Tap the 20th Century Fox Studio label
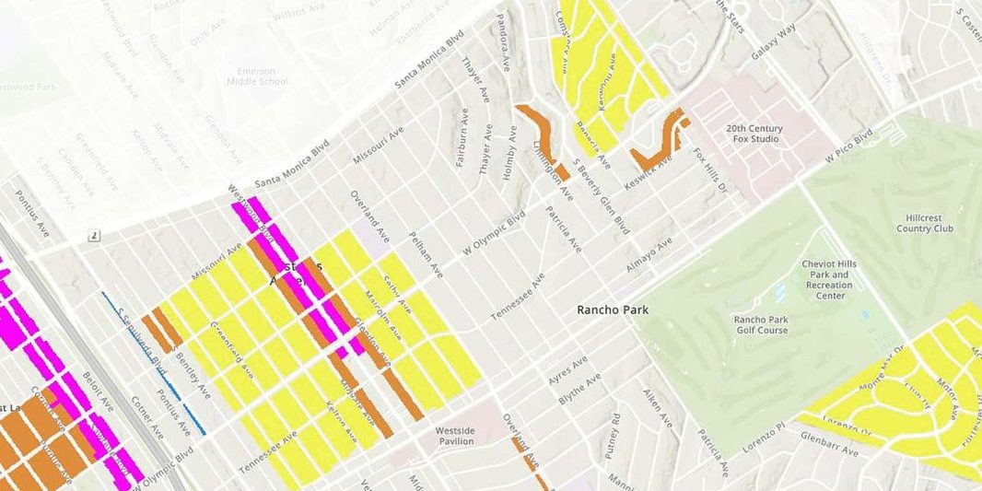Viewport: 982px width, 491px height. (x=754, y=134)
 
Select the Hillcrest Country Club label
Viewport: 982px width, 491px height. (x=930, y=223)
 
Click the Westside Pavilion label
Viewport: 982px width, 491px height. (x=454, y=436)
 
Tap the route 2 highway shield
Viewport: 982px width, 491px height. (x=94, y=237)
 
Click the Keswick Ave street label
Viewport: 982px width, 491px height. (x=651, y=158)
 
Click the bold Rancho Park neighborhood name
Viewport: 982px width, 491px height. (x=612, y=310)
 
